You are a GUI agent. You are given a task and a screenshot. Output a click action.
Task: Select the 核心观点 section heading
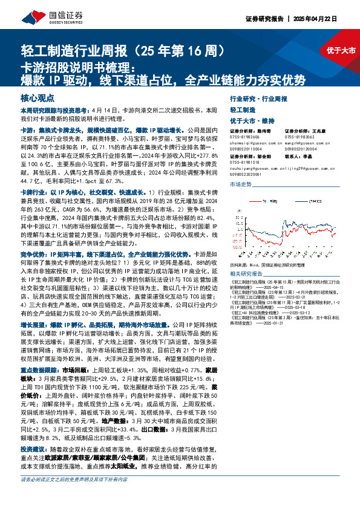pyautogui.click(x=36, y=97)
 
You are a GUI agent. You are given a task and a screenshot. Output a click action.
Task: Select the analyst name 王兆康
pyautogui.click(x=324, y=130)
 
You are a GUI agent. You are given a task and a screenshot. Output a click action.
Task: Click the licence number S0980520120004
pyautogui.click(x=303, y=149)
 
